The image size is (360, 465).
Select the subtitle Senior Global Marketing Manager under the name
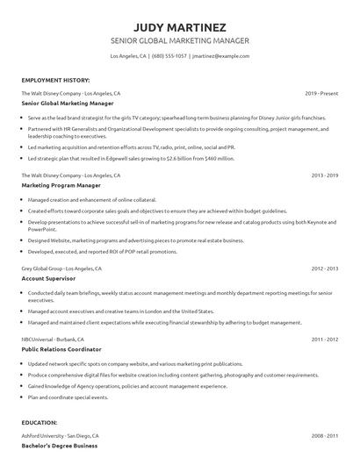coord(179,40)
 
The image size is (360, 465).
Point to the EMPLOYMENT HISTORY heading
coord(54,80)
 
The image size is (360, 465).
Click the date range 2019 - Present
coord(322,93)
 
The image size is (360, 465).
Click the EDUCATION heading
coord(40,422)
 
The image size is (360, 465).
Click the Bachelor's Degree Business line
coord(60,447)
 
